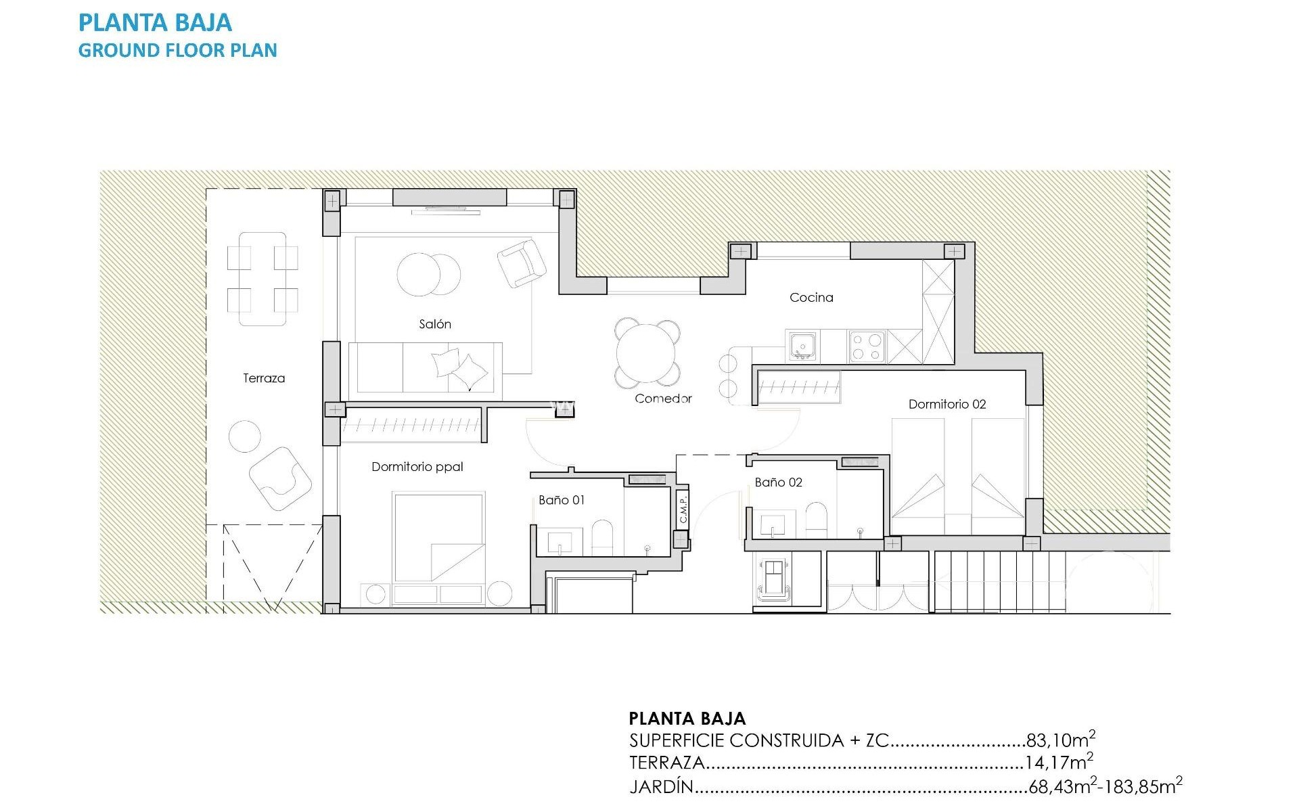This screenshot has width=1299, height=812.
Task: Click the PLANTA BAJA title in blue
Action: click(x=155, y=23)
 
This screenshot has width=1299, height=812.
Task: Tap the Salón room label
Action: click(x=434, y=324)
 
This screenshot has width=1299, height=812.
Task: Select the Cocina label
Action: click(x=811, y=297)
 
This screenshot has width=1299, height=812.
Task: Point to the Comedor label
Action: click(x=663, y=399)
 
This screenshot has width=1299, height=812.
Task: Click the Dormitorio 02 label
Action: click(x=947, y=404)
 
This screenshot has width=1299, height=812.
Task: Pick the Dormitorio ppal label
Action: click(x=417, y=466)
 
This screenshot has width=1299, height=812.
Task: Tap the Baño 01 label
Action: click(x=561, y=500)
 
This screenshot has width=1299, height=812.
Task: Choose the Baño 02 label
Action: click(x=778, y=482)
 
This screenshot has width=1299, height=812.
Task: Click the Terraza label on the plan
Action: click(x=264, y=378)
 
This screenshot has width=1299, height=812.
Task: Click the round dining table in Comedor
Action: click(x=646, y=353)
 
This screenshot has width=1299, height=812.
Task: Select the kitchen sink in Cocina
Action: click(x=802, y=346)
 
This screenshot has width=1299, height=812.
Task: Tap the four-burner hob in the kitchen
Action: click(x=867, y=346)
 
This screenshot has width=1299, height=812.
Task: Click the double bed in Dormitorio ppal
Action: click(x=438, y=537)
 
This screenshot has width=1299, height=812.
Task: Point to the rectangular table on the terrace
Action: click(x=263, y=279)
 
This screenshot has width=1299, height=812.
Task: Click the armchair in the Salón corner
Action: click(x=521, y=263)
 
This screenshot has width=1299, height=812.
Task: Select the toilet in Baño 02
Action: click(x=816, y=520)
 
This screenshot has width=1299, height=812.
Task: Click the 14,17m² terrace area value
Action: click(x=1058, y=763)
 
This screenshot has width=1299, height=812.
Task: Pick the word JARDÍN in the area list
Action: click(x=661, y=787)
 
